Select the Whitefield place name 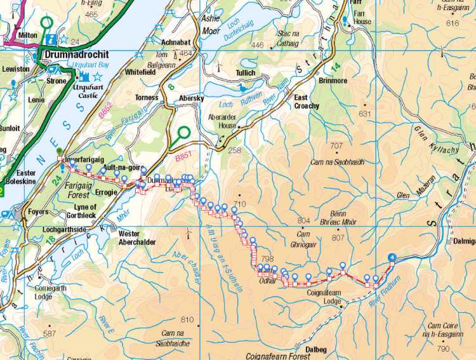pos(140,73)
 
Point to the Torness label pos(147,98)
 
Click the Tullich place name pos(245,73)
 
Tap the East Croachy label pos(307,102)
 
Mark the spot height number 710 pos(239,204)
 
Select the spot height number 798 pos(267,259)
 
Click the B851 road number pos(182,154)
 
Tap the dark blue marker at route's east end pos(392,257)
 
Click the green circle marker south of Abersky pos(184,133)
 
